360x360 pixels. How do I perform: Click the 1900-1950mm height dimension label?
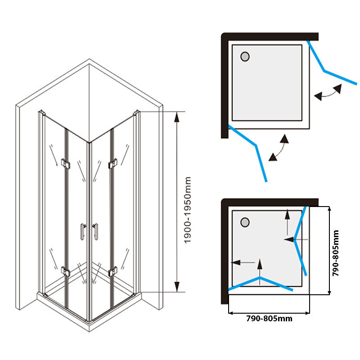point(188,210)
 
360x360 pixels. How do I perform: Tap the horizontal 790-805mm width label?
point(269,319)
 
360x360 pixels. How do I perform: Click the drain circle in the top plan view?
point(245,57)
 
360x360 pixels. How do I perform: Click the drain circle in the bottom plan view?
point(245,222)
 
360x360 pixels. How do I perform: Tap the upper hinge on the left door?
point(66,163)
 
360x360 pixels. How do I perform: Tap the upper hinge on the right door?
point(112,163)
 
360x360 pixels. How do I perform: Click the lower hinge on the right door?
point(112,271)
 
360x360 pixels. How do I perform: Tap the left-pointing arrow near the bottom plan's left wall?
point(238,262)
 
